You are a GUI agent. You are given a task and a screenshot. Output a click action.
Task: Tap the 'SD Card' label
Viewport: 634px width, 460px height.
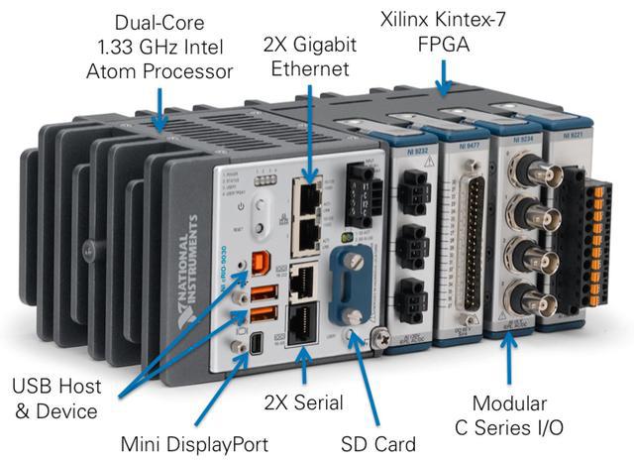377,441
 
